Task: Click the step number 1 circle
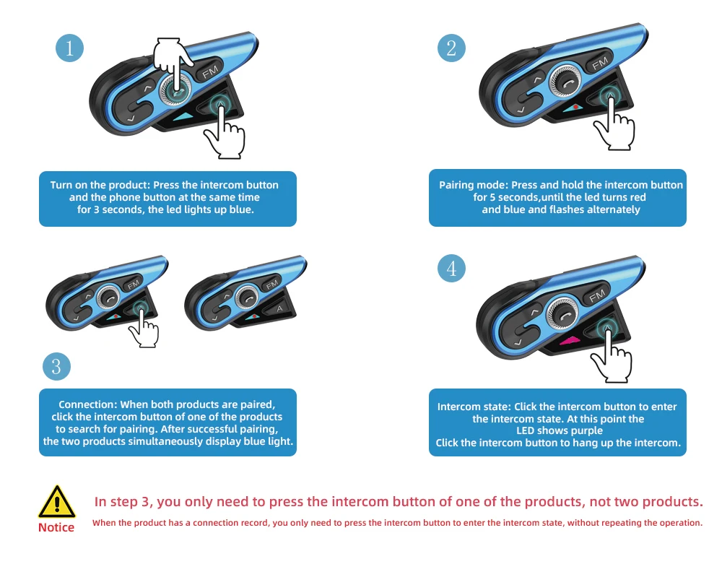click(x=69, y=48)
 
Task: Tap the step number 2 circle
click(x=451, y=48)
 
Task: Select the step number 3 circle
click(x=56, y=366)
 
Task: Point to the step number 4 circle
click(x=451, y=268)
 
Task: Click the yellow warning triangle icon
click(x=56, y=502)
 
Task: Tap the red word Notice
click(x=56, y=528)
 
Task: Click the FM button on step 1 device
click(x=210, y=71)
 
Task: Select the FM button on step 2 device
click(x=600, y=62)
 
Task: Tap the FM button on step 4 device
click(x=597, y=294)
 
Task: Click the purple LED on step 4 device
click(x=570, y=341)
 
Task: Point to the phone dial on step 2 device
click(x=565, y=82)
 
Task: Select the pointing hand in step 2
click(x=614, y=122)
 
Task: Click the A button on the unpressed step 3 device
click(x=279, y=308)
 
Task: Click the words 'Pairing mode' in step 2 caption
click(x=474, y=185)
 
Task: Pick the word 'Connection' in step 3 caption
click(x=87, y=404)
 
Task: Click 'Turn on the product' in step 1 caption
click(x=99, y=185)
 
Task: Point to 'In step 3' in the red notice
click(x=122, y=502)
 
